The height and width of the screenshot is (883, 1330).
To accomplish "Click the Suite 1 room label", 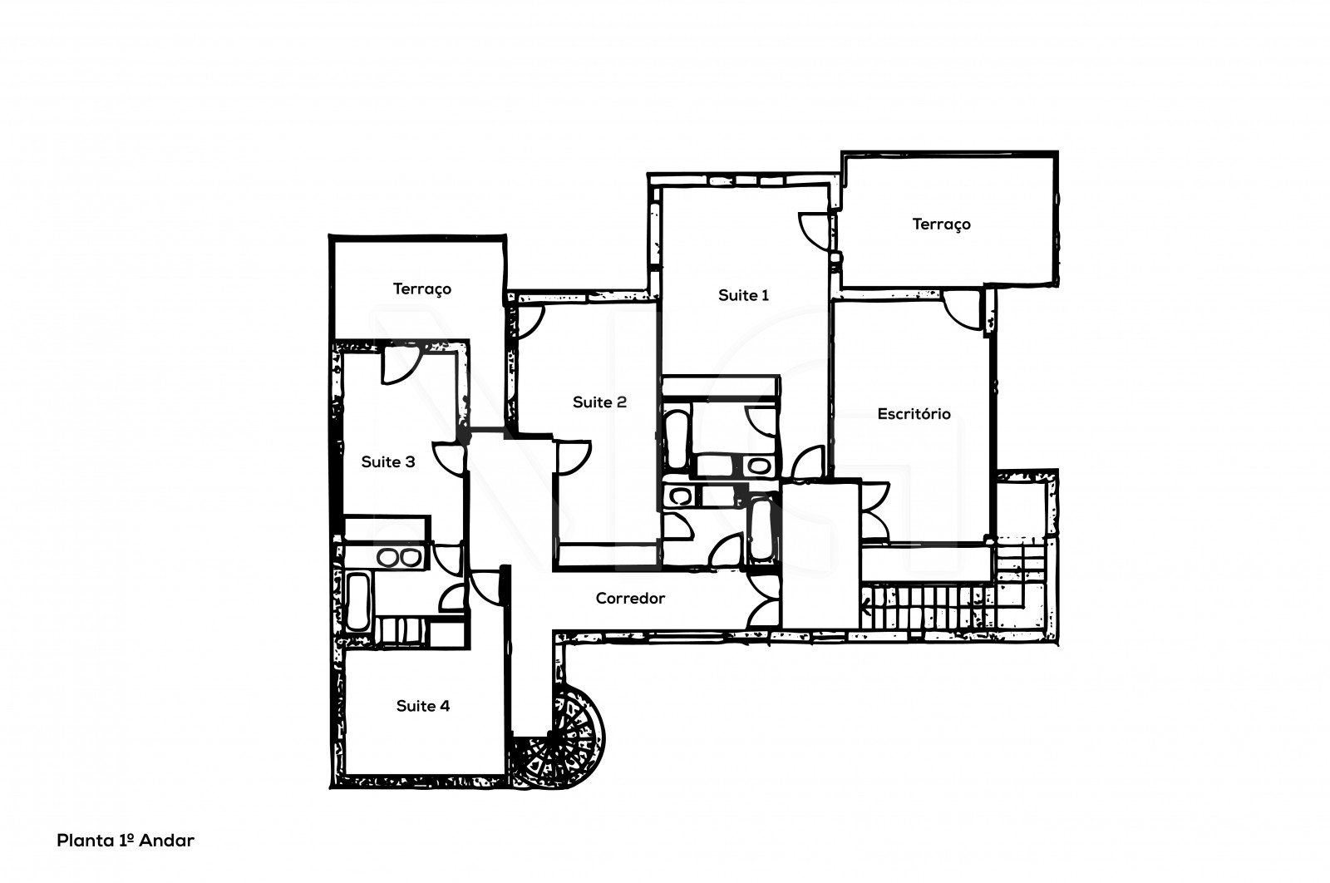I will [x=743, y=295].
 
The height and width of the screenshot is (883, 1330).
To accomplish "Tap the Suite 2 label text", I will [x=599, y=402].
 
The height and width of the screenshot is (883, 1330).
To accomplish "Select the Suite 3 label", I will [x=387, y=461].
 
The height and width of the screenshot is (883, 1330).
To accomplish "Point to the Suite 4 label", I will [x=422, y=706].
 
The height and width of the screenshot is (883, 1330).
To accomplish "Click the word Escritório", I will [x=914, y=413].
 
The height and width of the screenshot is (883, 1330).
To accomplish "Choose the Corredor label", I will [x=630, y=598].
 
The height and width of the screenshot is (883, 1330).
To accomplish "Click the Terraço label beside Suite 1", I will [x=941, y=224].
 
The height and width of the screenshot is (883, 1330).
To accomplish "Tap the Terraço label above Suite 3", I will [x=421, y=289].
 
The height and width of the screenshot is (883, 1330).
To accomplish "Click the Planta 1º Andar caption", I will [x=125, y=841].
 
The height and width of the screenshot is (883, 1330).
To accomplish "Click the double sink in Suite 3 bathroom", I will [x=398, y=558].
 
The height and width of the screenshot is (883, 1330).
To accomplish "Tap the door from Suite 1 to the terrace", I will [x=814, y=229].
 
